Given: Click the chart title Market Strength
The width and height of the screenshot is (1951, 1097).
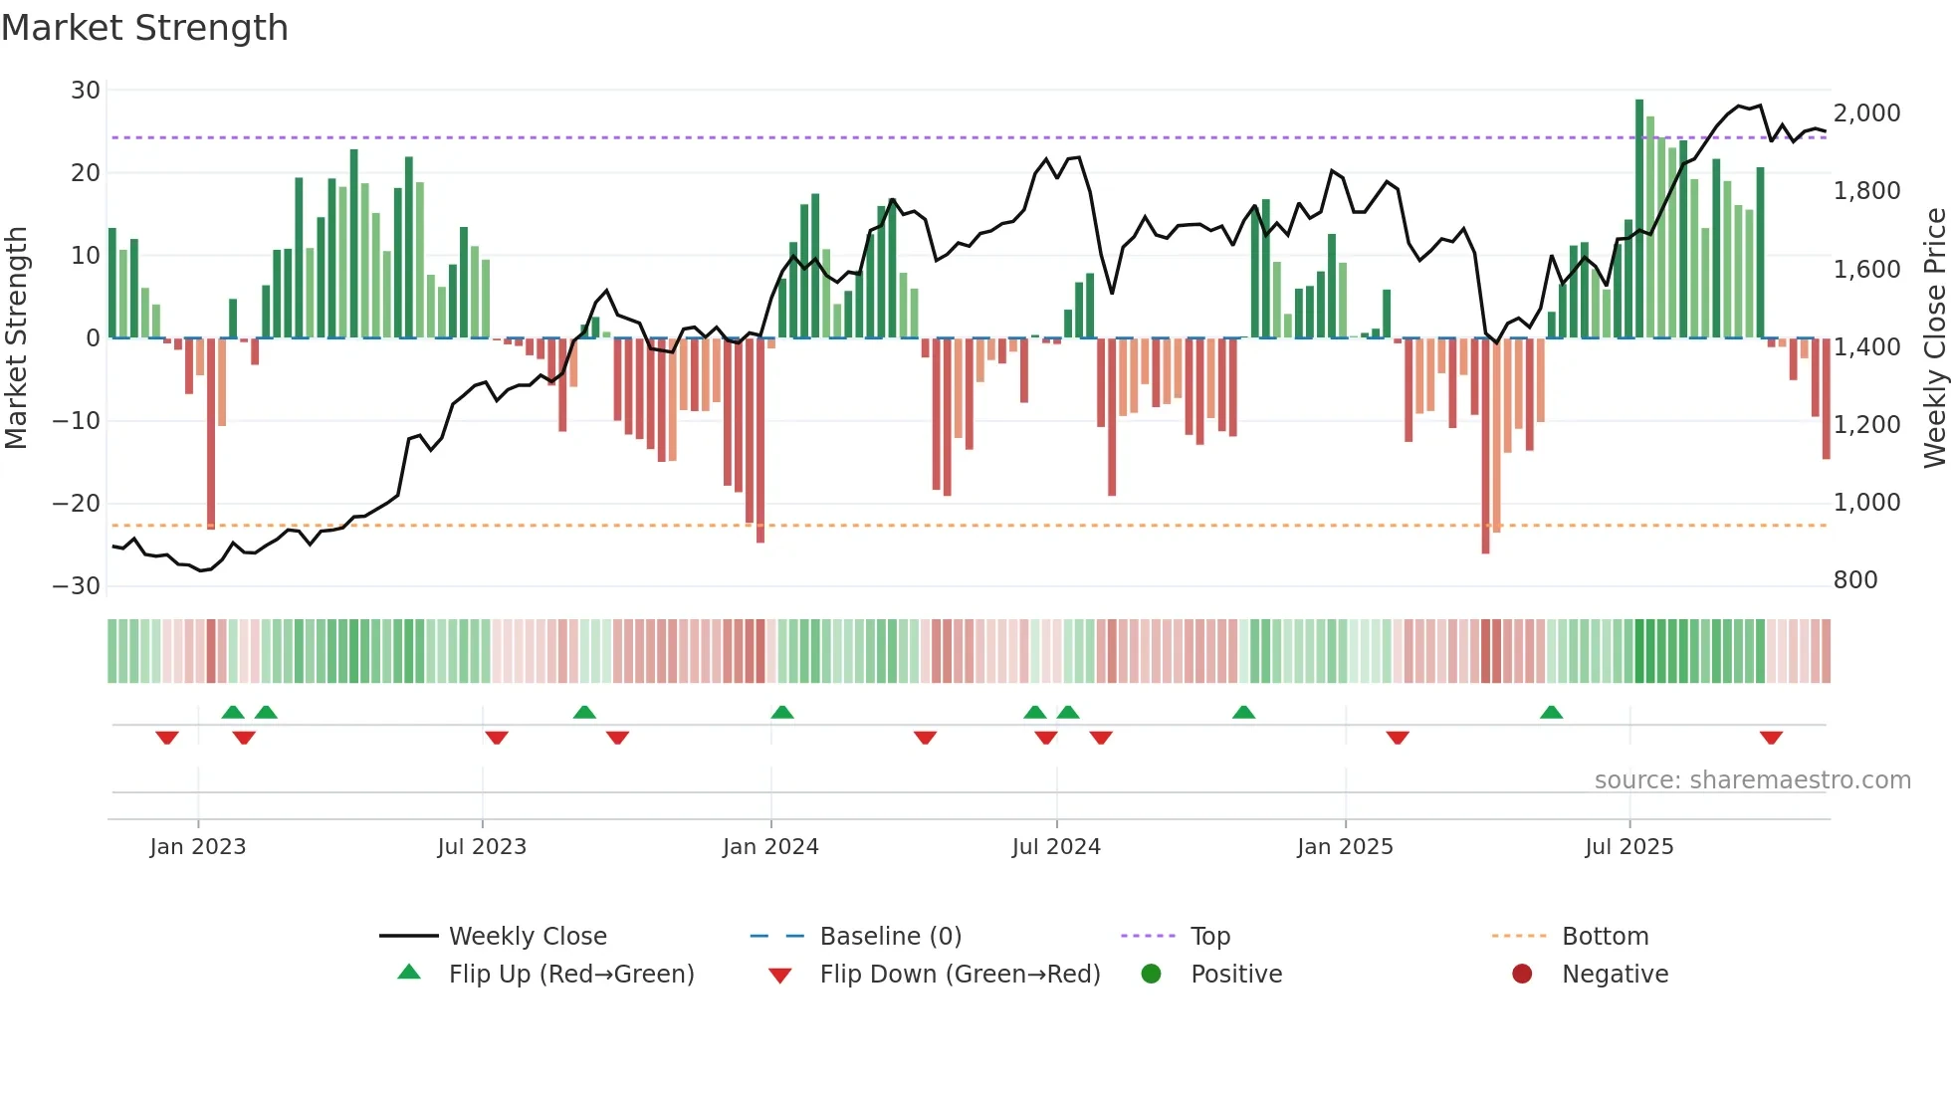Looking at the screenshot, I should click(144, 28).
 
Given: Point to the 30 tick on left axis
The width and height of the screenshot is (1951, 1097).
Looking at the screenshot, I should click(86, 91).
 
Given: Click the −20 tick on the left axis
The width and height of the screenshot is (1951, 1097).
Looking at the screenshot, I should click(77, 504).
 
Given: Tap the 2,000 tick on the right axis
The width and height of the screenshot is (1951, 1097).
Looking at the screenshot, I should click(1866, 113).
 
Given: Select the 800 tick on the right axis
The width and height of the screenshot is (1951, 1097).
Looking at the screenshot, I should click(1855, 580).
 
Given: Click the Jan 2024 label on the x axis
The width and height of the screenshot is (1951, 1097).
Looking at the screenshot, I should click(770, 847).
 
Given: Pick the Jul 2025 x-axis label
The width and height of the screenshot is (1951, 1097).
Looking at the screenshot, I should click(1629, 847).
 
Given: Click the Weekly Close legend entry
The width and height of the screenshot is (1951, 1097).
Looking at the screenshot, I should click(527, 937).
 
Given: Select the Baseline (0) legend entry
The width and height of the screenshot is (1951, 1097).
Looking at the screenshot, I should click(890, 937).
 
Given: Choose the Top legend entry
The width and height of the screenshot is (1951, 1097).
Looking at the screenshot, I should click(1209, 937).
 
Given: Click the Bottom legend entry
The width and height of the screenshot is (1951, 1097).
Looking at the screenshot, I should click(1605, 937).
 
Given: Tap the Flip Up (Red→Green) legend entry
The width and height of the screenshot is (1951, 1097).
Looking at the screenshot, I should click(570, 975).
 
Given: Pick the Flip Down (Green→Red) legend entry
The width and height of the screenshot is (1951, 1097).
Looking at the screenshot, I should click(960, 975).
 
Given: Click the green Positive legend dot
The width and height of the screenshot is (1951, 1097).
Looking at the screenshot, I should click(1152, 975).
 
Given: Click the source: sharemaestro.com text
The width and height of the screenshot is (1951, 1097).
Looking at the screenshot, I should click(1752, 780).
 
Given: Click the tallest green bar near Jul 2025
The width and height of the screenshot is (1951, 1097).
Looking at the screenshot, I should click(1639, 219).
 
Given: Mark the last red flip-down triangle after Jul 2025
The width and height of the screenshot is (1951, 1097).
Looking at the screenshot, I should click(1771, 738).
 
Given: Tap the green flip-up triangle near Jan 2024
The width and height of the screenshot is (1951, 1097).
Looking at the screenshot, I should click(782, 712).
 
